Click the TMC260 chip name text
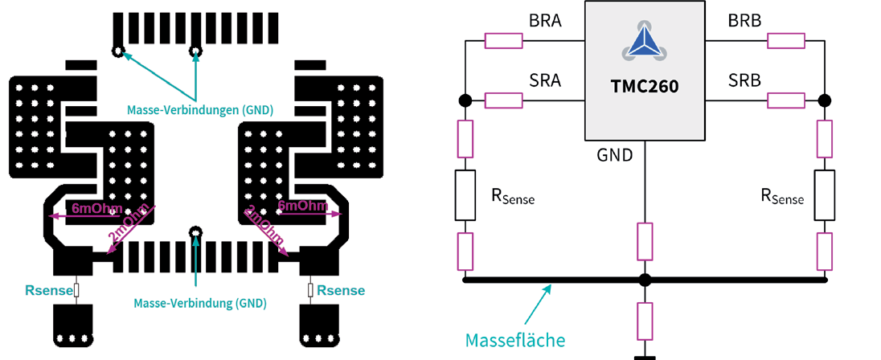pyautogui.click(x=645, y=87)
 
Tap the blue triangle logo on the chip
pyautogui.click(x=644, y=41)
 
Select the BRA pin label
pyautogui.click(x=545, y=22)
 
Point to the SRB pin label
pyautogui.click(x=744, y=81)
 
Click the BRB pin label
pyautogui.click(x=744, y=22)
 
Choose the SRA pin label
pyautogui.click(x=545, y=81)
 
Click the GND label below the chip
pyautogui.click(x=615, y=154)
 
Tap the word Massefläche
pyautogui.click(x=515, y=340)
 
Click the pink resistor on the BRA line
pyautogui.click(x=503, y=41)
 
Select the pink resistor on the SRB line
pyautogui.click(x=786, y=100)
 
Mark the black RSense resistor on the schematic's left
pyautogui.click(x=465, y=195)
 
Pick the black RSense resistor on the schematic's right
pyautogui.click(x=824, y=195)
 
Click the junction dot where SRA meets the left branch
pyautogui.click(x=465, y=100)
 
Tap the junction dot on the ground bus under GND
pyautogui.click(x=645, y=280)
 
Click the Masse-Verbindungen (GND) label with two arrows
pyautogui.click(x=201, y=111)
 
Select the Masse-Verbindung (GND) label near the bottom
pyautogui.click(x=200, y=303)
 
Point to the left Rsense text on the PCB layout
pyautogui.click(x=50, y=290)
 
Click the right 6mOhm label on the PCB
pyautogui.click(x=303, y=206)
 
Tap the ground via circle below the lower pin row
pyautogui.click(x=195, y=232)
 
